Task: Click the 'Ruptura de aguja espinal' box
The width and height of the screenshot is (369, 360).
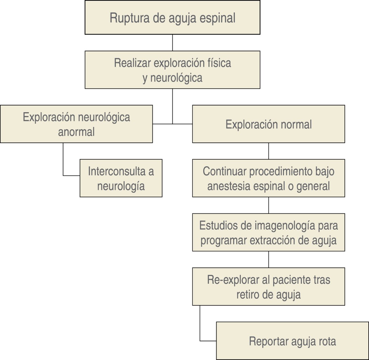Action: tap(172, 18)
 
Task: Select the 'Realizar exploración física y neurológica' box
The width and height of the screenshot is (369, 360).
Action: tap(172, 70)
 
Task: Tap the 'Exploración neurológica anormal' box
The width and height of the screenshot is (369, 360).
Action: tap(76, 124)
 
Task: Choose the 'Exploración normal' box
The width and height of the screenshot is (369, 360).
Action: tap(269, 124)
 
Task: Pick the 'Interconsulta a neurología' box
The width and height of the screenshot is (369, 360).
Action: tap(121, 178)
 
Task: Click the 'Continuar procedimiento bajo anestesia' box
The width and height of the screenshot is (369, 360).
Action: tap(269, 178)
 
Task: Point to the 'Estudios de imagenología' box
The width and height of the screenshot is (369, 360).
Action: tap(269, 232)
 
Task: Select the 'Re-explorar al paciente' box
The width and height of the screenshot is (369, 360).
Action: tap(269, 286)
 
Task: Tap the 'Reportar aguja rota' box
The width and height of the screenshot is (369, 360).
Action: tap(292, 341)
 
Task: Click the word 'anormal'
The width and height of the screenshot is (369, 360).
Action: tap(76, 132)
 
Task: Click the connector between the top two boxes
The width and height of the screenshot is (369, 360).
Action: tap(172, 43)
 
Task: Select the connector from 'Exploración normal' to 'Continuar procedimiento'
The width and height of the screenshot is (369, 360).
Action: tap(269, 151)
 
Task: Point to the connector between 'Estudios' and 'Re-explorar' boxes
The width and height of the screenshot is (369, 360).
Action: tap(269, 259)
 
